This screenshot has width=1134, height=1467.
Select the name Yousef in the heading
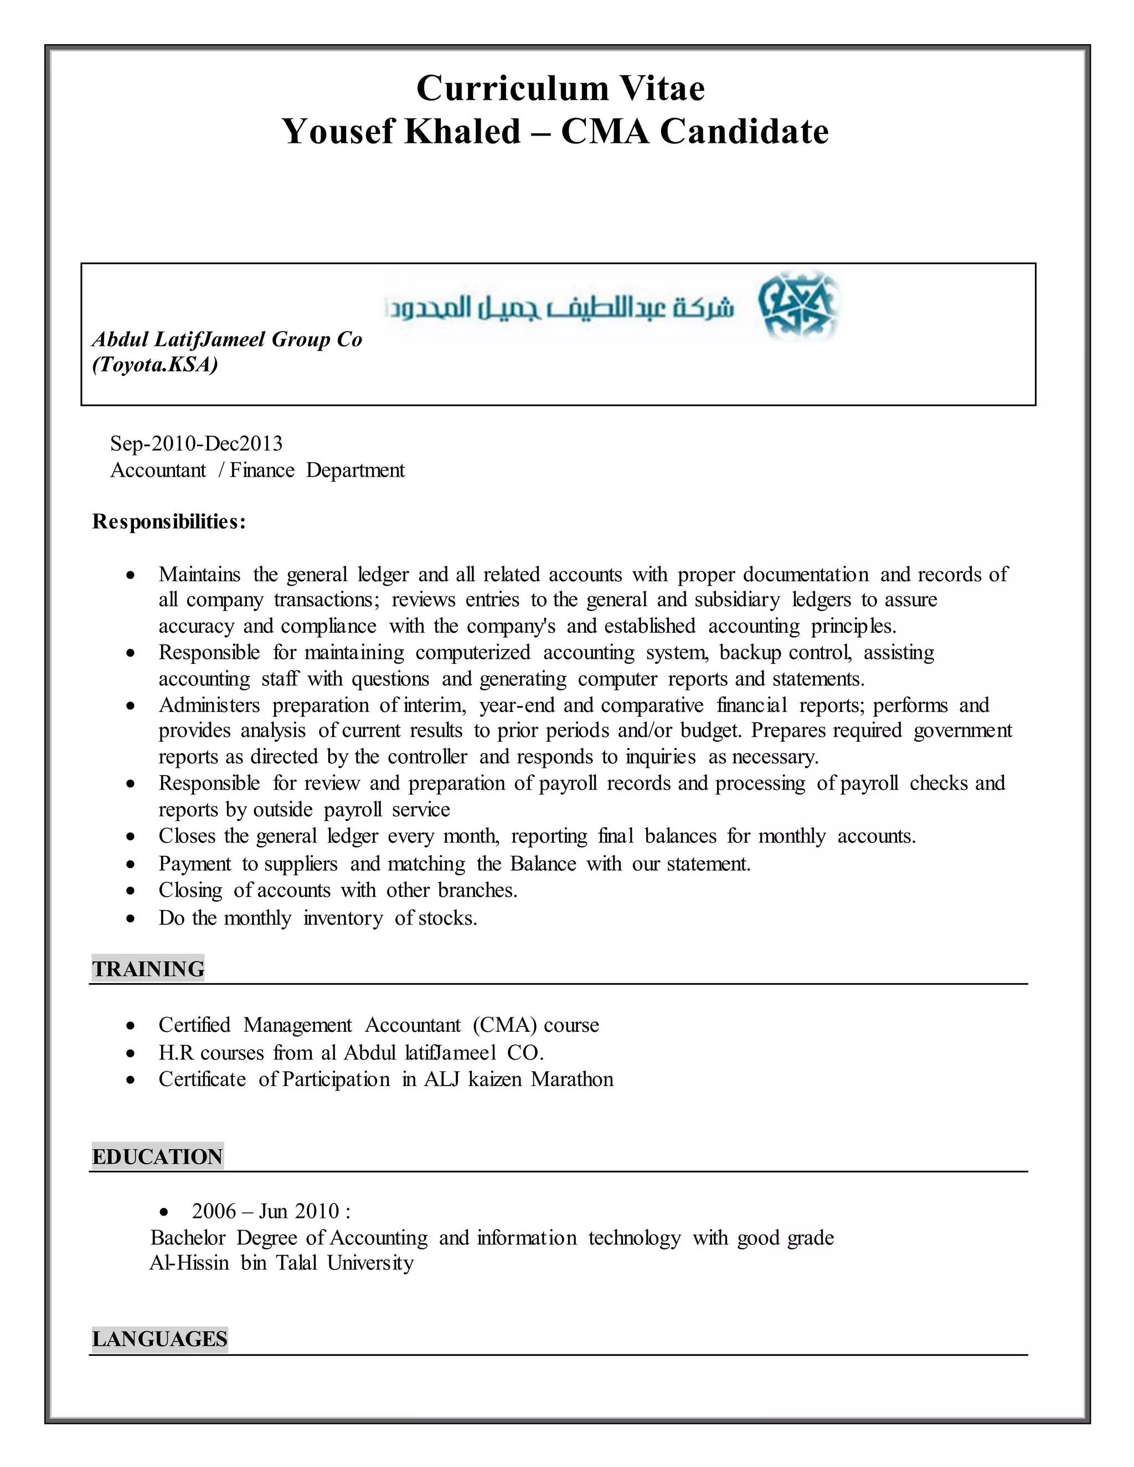coord(338,131)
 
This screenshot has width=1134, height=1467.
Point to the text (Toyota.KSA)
coord(155,365)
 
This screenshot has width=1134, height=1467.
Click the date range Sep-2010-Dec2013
coord(196,443)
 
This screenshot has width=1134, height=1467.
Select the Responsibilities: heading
coord(169,521)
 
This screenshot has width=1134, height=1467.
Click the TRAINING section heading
coord(148,969)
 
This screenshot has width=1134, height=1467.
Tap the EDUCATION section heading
coord(157,1156)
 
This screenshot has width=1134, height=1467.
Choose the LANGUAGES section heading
coord(159,1339)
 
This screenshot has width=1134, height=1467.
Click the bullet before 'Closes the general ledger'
coord(130,837)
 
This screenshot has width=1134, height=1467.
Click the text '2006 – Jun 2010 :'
coord(271,1211)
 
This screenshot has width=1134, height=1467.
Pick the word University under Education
coord(370,1263)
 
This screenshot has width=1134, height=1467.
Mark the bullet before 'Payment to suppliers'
coord(130,865)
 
